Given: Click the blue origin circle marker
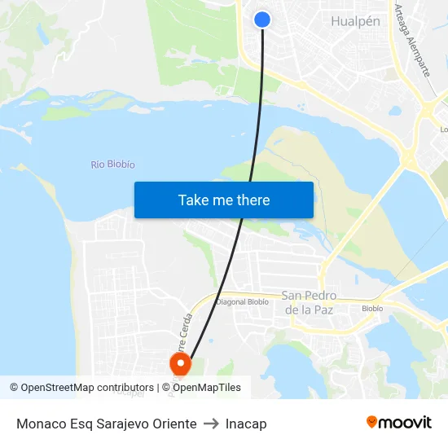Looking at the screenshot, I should click(x=262, y=20).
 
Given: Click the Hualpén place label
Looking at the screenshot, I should click(x=355, y=21).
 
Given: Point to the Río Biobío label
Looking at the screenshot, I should click(x=113, y=165).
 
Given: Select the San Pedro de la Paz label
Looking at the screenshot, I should click(x=308, y=302).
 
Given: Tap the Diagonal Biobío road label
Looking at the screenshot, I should click(x=242, y=301).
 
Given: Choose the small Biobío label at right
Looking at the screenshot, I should click(x=372, y=309).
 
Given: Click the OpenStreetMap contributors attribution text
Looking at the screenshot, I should click(x=87, y=388).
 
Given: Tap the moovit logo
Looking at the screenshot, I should click(x=399, y=422).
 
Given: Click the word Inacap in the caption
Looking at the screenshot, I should click(x=246, y=424).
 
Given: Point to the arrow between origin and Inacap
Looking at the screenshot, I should click(x=211, y=424).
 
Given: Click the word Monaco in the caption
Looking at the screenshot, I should click(x=40, y=424).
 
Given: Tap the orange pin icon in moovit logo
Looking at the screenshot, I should click(x=372, y=422).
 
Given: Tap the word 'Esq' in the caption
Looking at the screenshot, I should click(x=80, y=424).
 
